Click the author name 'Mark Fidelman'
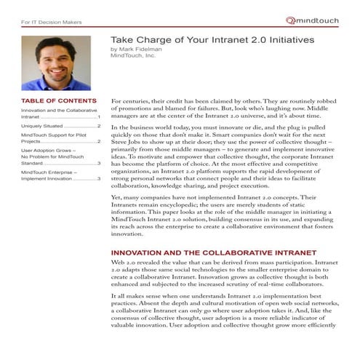[145, 49]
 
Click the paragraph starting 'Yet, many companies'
[218, 216]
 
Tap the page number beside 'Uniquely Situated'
[99, 125]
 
